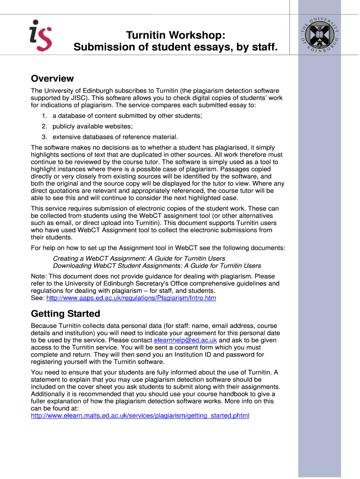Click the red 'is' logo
(x=40, y=35)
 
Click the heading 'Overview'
(x=52, y=79)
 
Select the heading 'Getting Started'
(x=65, y=313)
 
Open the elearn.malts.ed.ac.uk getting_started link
(x=140, y=415)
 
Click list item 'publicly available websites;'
(x=93, y=126)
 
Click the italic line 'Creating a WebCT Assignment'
(x=139, y=258)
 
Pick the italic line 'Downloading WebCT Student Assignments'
(x=157, y=266)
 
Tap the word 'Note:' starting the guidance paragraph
(x=39, y=276)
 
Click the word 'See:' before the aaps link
(x=37, y=298)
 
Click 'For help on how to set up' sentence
(x=158, y=247)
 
